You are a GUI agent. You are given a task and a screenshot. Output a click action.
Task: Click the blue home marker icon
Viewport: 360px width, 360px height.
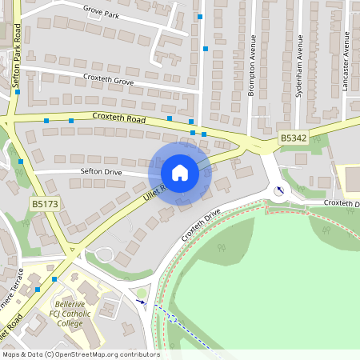(x=180, y=172)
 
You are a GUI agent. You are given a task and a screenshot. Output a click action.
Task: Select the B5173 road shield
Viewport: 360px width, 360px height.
(x=45, y=205)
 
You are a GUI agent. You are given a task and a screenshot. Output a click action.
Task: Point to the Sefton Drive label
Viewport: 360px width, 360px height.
(x=100, y=171)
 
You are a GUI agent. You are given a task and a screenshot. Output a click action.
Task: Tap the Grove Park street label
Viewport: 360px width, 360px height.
(x=100, y=14)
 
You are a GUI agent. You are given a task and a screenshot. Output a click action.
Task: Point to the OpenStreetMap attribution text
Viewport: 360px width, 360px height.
(x=81, y=354)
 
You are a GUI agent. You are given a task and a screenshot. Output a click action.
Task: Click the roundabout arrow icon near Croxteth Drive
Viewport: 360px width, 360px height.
(x=279, y=190)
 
